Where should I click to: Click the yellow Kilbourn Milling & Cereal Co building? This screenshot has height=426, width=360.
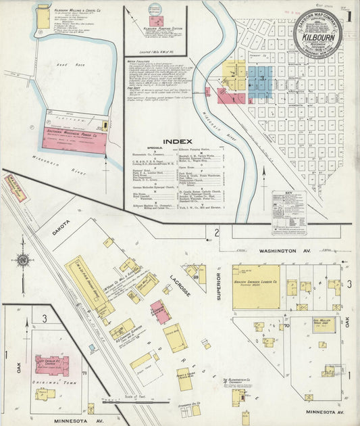43,17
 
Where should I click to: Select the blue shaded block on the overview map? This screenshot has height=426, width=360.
259,82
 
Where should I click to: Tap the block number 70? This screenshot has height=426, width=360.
286,327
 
